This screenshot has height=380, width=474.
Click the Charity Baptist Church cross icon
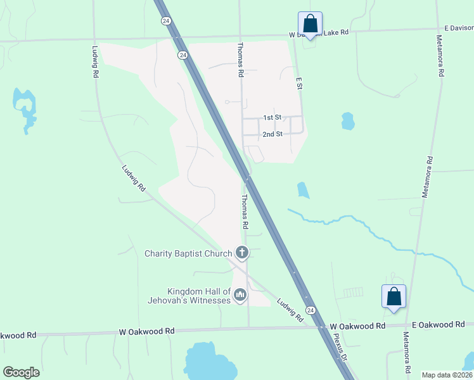point(241,253)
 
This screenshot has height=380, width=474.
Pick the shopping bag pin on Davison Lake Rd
point(310,24)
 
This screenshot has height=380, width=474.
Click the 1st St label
point(272,118)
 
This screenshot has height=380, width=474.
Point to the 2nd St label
point(272,134)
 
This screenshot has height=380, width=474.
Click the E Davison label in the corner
point(458,27)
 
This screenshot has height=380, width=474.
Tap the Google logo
point(21,372)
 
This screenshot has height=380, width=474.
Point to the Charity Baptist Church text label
point(188,254)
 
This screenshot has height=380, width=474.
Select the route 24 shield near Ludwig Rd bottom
point(310,310)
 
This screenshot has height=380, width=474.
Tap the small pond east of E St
point(347,120)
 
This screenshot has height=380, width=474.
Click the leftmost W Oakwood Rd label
point(18,334)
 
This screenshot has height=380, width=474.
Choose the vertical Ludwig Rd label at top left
point(95,61)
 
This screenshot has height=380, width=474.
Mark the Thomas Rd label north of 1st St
point(241,60)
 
